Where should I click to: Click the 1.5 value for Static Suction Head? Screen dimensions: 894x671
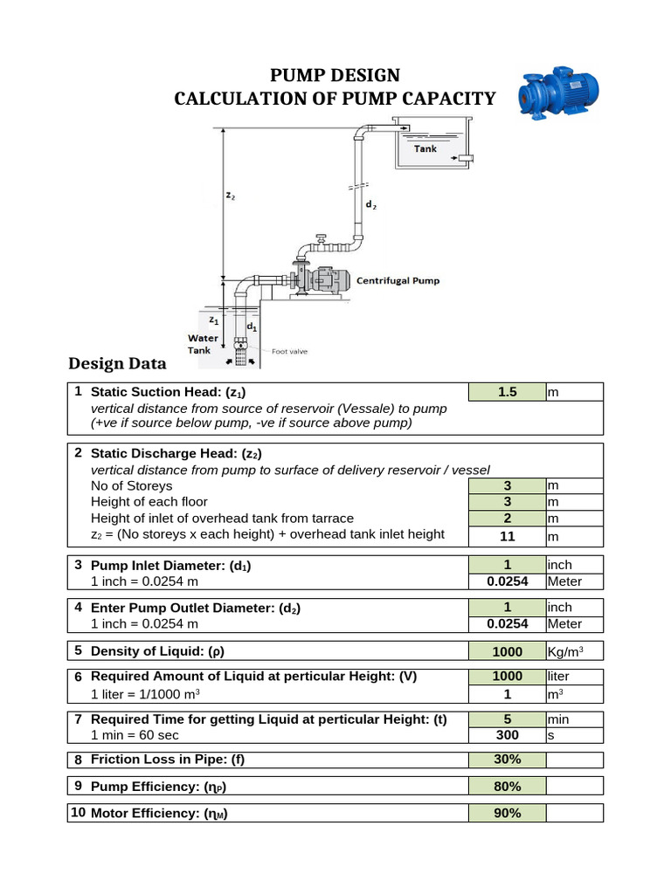pos(508,393)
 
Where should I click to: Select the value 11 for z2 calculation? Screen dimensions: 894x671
pos(508,535)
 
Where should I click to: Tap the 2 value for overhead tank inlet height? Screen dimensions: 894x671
pos(508,519)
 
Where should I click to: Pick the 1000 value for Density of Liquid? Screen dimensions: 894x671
pos(508,651)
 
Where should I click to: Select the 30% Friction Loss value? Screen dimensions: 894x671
pos(508,760)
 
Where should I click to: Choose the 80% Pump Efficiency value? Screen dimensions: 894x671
pos(508,787)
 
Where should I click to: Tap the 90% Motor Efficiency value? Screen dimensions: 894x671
pos(508,814)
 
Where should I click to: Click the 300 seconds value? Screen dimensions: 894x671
pos(508,736)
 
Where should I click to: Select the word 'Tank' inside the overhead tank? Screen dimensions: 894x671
pos(425,149)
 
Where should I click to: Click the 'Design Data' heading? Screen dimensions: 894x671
pos(116,363)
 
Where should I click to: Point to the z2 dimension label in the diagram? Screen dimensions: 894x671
pos(231,196)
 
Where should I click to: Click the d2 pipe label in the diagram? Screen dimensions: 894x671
pos(371,205)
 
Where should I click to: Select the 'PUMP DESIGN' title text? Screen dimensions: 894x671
pos(335,75)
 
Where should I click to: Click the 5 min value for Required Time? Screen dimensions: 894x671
pos(508,719)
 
